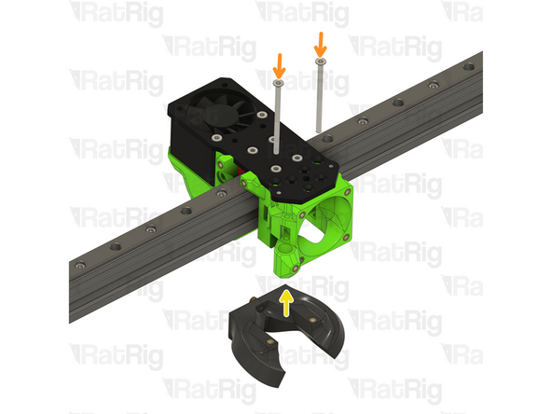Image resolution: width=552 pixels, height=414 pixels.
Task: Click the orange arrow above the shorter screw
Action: (277, 65)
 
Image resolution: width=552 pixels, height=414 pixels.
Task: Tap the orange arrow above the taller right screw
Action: (320, 43)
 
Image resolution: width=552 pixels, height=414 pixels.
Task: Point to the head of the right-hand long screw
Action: (320, 62)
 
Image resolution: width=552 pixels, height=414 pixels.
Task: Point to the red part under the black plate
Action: (245, 173)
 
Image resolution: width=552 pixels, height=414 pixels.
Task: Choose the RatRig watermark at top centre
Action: (294, 13)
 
